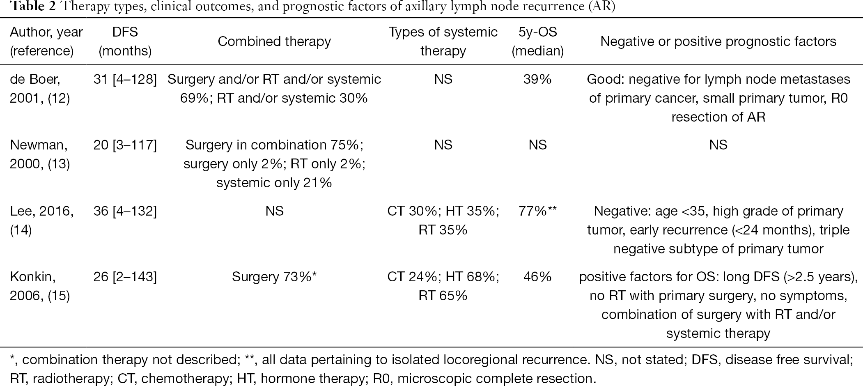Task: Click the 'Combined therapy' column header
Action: coord(274,41)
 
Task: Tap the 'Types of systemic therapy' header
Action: coord(443,41)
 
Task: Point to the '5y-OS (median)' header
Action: coord(538,41)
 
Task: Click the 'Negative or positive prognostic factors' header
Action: coord(718,41)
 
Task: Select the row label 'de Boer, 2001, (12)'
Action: coord(40,89)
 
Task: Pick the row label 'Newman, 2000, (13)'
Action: coord(40,154)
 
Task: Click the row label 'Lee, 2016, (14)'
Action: coord(42,221)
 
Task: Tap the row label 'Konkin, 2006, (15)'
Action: coord(40,286)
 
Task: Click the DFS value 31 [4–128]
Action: coord(125,79)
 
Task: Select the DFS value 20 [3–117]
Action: coord(125,145)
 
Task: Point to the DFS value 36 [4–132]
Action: coord(125,211)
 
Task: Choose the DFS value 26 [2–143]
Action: coord(125,277)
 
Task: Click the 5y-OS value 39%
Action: coord(537,79)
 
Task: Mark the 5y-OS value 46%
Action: coord(537,277)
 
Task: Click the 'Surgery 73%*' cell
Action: coord(274,277)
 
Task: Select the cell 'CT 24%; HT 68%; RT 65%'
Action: coord(443,286)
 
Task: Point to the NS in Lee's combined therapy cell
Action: coord(274,211)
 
